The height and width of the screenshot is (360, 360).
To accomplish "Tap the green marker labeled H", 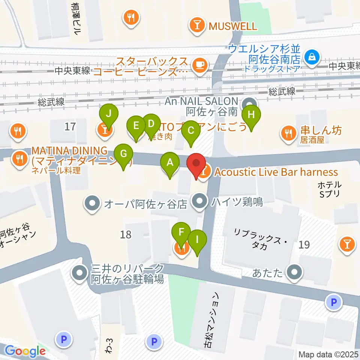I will point(251,115).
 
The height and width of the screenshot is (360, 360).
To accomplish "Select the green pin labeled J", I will point(108,115).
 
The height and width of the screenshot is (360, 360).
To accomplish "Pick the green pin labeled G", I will point(123,154).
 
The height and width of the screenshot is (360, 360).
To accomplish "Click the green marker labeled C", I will point(190,131).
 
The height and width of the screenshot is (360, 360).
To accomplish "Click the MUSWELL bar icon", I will point(196,26).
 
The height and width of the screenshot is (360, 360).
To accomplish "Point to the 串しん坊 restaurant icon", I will point(288,134).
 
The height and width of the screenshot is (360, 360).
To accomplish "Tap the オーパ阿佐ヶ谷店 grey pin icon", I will point(92,204).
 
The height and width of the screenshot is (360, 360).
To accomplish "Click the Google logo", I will point(25,351).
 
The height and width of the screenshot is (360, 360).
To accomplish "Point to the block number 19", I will point(304,245).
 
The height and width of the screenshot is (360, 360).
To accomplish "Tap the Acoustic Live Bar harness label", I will point(276,172).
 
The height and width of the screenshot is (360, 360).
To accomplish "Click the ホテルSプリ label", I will point(330,189).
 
